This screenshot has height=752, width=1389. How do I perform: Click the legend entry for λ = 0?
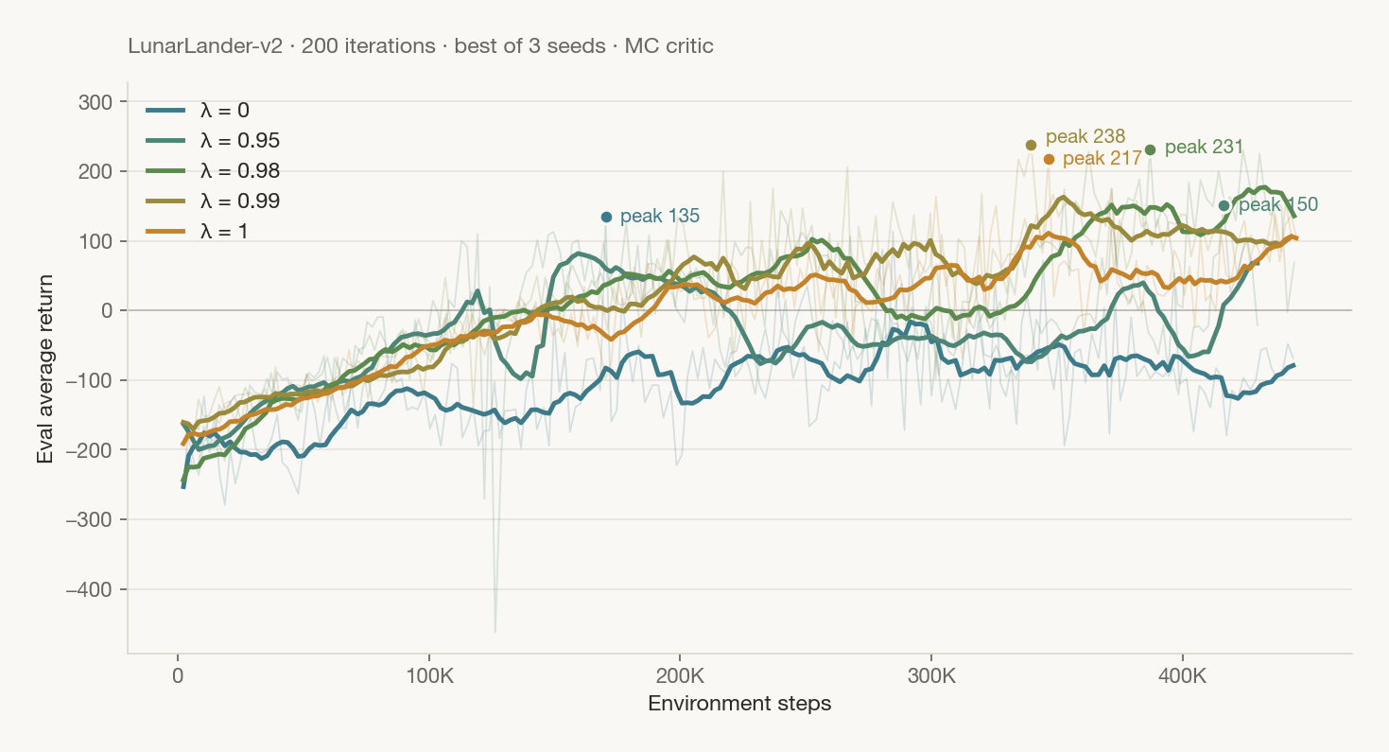[198, 111]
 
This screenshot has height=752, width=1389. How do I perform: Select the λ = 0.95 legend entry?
[213, 141]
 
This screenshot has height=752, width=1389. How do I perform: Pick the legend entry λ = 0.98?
[213, 170]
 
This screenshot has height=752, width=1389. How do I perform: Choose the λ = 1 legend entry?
[197, 232]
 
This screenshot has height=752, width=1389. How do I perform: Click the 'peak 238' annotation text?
[1085, 136]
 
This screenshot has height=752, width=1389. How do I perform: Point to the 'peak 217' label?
[1102, 159]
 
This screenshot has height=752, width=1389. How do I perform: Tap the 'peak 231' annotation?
[1204, 148]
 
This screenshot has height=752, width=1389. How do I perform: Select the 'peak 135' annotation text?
[660, 216]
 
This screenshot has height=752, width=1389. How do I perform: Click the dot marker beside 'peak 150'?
[1224, 205]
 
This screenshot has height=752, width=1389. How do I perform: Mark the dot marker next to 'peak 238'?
[1032, 145]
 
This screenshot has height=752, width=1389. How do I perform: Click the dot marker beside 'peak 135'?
[606, 218]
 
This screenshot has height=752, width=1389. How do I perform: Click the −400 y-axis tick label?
[89, 589]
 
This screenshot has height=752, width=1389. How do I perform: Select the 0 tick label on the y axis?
[107, 311]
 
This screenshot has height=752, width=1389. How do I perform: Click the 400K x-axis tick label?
[1183, 675]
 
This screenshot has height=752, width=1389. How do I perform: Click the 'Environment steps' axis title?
[739, 704]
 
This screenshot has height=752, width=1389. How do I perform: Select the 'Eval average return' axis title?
[45, 369]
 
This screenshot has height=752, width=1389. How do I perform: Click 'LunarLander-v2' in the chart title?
[205, 46]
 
